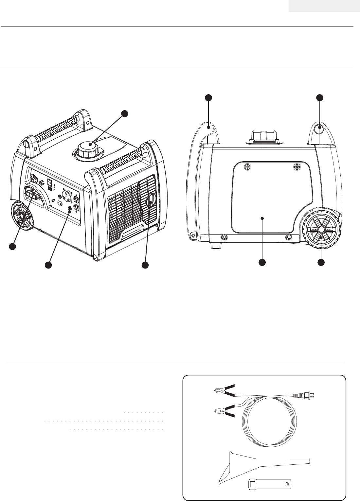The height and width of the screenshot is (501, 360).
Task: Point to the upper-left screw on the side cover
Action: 248,167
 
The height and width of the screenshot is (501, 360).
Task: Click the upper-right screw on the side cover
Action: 297,167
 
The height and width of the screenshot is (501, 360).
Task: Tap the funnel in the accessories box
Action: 255,464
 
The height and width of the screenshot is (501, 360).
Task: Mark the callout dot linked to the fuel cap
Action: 124,113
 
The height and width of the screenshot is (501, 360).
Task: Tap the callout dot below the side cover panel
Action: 262,262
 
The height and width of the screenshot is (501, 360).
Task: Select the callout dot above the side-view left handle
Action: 208,97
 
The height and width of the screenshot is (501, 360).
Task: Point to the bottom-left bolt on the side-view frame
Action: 225,236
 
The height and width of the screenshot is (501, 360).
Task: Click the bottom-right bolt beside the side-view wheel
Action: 288,236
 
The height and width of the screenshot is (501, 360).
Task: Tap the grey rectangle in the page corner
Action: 324,6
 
